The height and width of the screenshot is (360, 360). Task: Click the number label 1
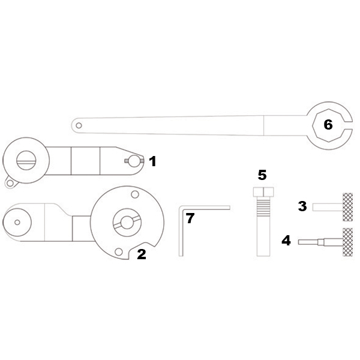tap(152, 161)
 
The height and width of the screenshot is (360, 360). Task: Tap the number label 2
tap(142, 254)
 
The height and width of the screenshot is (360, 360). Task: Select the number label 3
tap(302, 206)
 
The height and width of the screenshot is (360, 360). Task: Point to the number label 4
tap(286, 241)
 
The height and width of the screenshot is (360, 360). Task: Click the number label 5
tap(262, 175)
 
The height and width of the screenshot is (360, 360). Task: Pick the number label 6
tap(328, 125)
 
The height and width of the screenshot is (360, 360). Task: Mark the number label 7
tap(190, 218)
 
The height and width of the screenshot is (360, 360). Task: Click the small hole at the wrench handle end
tap(77, 125)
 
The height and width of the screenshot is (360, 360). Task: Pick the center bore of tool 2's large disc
tap(127, 221)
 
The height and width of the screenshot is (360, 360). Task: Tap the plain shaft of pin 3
tap(327, 206)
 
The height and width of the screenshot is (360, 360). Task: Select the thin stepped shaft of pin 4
tap(312, 242)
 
